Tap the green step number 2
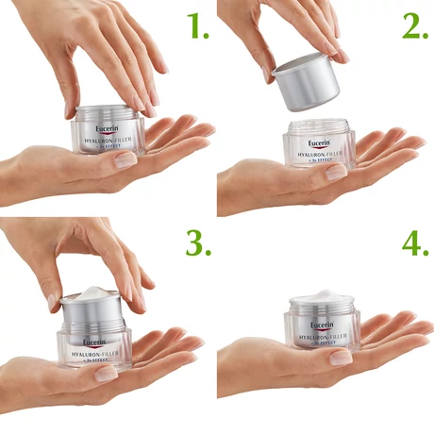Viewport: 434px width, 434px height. coord(414,27)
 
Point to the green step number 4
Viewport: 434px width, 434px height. coord(414,242)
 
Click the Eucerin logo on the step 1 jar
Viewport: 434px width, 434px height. coord(107,129)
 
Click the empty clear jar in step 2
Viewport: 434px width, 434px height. coord(319,146)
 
